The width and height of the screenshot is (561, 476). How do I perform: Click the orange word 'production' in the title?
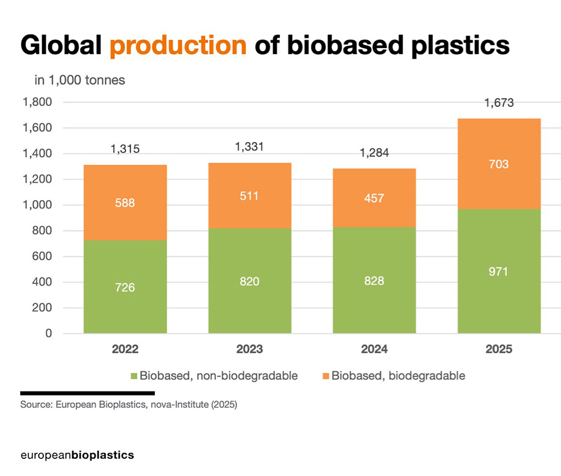tap(178, 46)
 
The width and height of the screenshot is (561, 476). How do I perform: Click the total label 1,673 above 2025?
tap(499, 103)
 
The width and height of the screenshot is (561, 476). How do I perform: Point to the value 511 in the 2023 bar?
tap(249, 196)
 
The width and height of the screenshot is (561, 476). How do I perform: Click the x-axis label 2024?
tap(374, 350)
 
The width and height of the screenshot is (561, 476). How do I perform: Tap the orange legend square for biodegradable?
tap(326, 375)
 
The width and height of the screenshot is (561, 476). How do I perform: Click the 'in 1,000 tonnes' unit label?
tap(80, 80)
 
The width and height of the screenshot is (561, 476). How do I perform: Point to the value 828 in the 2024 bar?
tap(374, 281)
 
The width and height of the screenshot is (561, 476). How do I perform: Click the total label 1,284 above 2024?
tap(374, 153)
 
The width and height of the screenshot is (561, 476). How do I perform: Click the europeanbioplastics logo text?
tap(77, 455)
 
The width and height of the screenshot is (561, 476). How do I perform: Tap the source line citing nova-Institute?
tap(129, 405)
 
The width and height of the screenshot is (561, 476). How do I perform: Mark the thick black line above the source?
tap(87, 393)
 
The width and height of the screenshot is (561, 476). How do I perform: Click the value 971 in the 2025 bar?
tap(499, 272)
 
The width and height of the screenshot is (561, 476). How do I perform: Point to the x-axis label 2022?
tap(125, 350)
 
